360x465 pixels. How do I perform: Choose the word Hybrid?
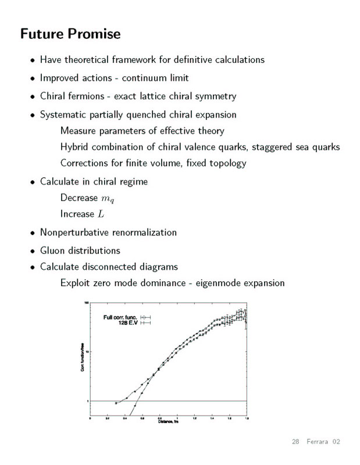tap(76, 146)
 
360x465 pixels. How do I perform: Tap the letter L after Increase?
tap(101, 214)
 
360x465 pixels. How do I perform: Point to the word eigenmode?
tap(221, 283)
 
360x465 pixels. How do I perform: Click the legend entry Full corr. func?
tap(120, 317)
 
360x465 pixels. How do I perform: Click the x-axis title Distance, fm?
tap(169, 421)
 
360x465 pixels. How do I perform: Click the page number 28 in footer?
tap(295, 442)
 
